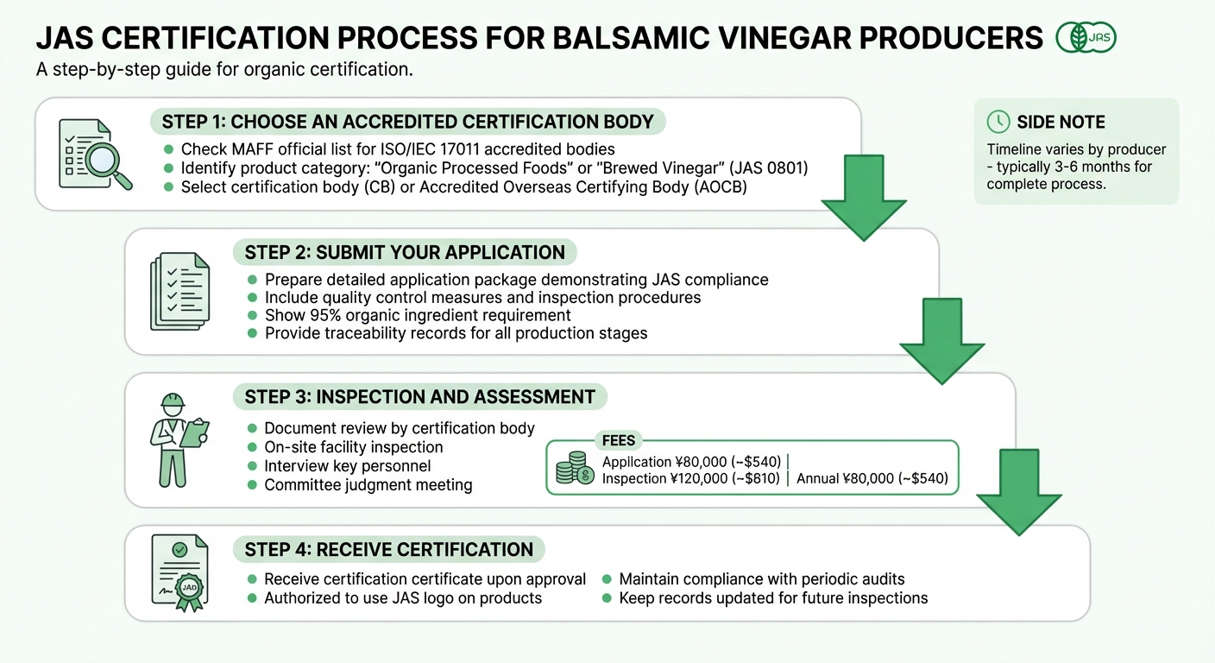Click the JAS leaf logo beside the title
click(1086, 38)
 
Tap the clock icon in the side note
click(998, 122)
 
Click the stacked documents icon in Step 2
click(179, 291)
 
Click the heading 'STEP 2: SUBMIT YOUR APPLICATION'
click(405, 253)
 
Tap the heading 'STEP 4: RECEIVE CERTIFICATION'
click(388, 550)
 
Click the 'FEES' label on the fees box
click(619, 441)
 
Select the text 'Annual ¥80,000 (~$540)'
click(872, 478)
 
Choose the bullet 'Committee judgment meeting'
click(368, 485)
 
